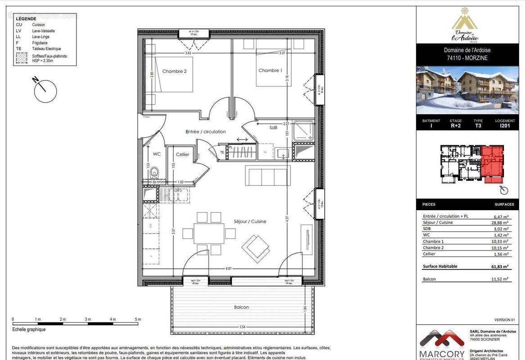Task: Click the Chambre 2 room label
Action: (174, 71)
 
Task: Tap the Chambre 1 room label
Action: (270, 70)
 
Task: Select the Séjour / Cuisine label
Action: (250, 221)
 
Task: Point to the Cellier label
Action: (182, 154)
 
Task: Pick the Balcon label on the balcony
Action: (241, 307)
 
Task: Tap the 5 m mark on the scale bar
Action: (138, 319)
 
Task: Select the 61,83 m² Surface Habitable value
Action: (500, 266)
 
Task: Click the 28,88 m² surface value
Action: (500, 222)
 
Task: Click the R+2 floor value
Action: (456, 126)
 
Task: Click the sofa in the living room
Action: (268, 175)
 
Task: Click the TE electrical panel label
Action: (222, 153)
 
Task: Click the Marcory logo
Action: (442, 344)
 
